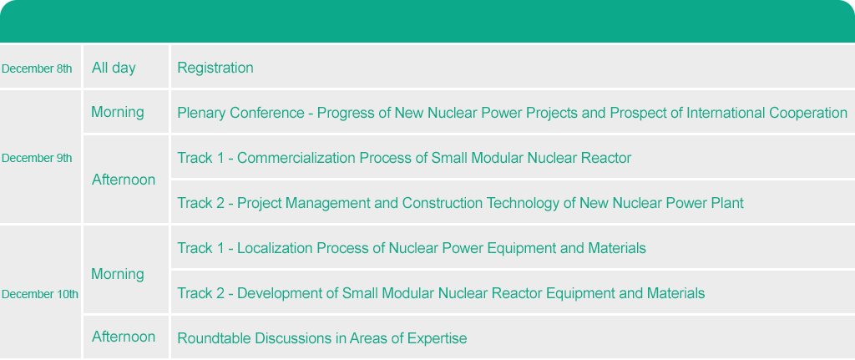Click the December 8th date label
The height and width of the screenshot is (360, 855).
[x=37, y=68]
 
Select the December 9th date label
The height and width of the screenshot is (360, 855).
[x=37, y=158]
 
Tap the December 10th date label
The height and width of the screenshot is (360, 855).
[x=40, y=295]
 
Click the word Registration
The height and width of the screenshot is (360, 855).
[x=215, y=68]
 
